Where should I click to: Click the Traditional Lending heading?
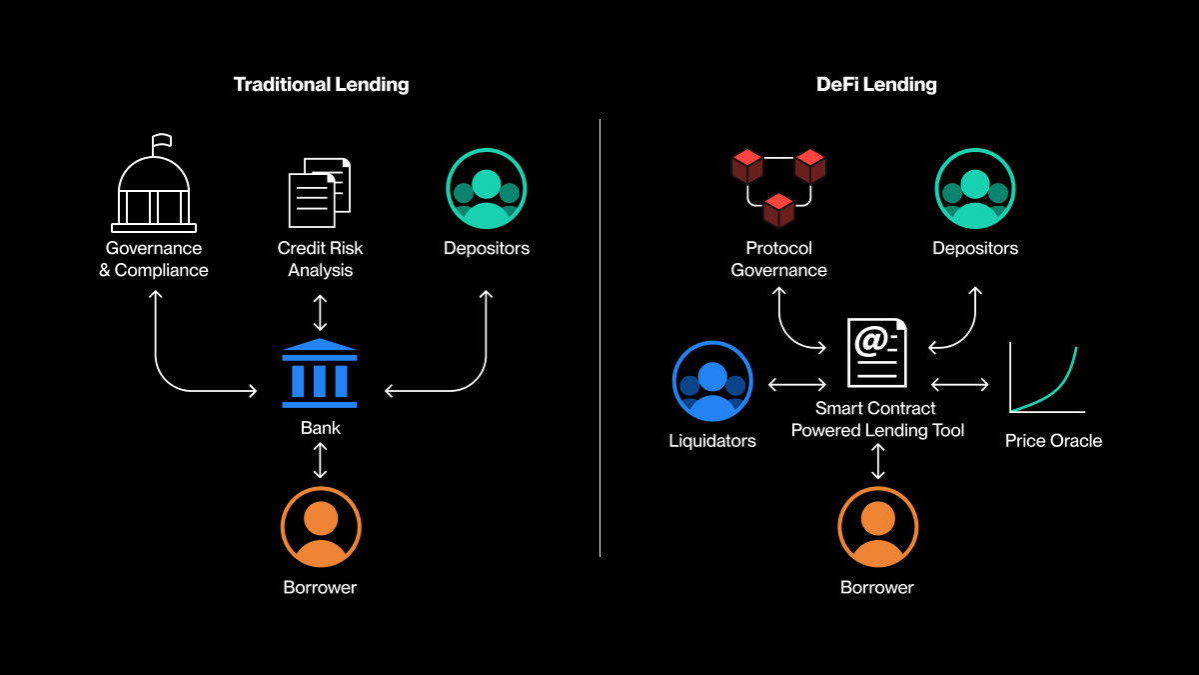pyautogui.click(x=321, y=84)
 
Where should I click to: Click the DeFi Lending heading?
pyautogui.click(x=876, y=84)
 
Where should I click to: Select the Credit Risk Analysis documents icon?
pyautogui.click(x=320, y=192)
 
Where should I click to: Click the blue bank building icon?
pyautogui.click(x=320, y=373)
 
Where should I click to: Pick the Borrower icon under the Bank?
pyautogui.click(x=320, y=527)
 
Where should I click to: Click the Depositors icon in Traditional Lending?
pyautogui.click(x=486, y=189)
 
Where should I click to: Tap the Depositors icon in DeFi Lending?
pyautogui.click(x=975, y=189)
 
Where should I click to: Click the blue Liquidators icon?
pyautogui.click(x=712, y=382)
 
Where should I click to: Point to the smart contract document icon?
pyautogui.click(x=877, y=353)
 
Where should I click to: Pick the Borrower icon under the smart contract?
pyautogui.click(x=877, y=527)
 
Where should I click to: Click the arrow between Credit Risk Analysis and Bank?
pyautogui.click(x=320, y=312)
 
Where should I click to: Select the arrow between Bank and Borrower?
pyautogui.click(x=320, y=460)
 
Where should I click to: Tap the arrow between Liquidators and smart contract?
pyautogui.click(x=796, y=384)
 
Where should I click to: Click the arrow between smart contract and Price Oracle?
pyautogui.click(x=960, y=384)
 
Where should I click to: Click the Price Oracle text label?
pyautogui.click(x=1053, y=440)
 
